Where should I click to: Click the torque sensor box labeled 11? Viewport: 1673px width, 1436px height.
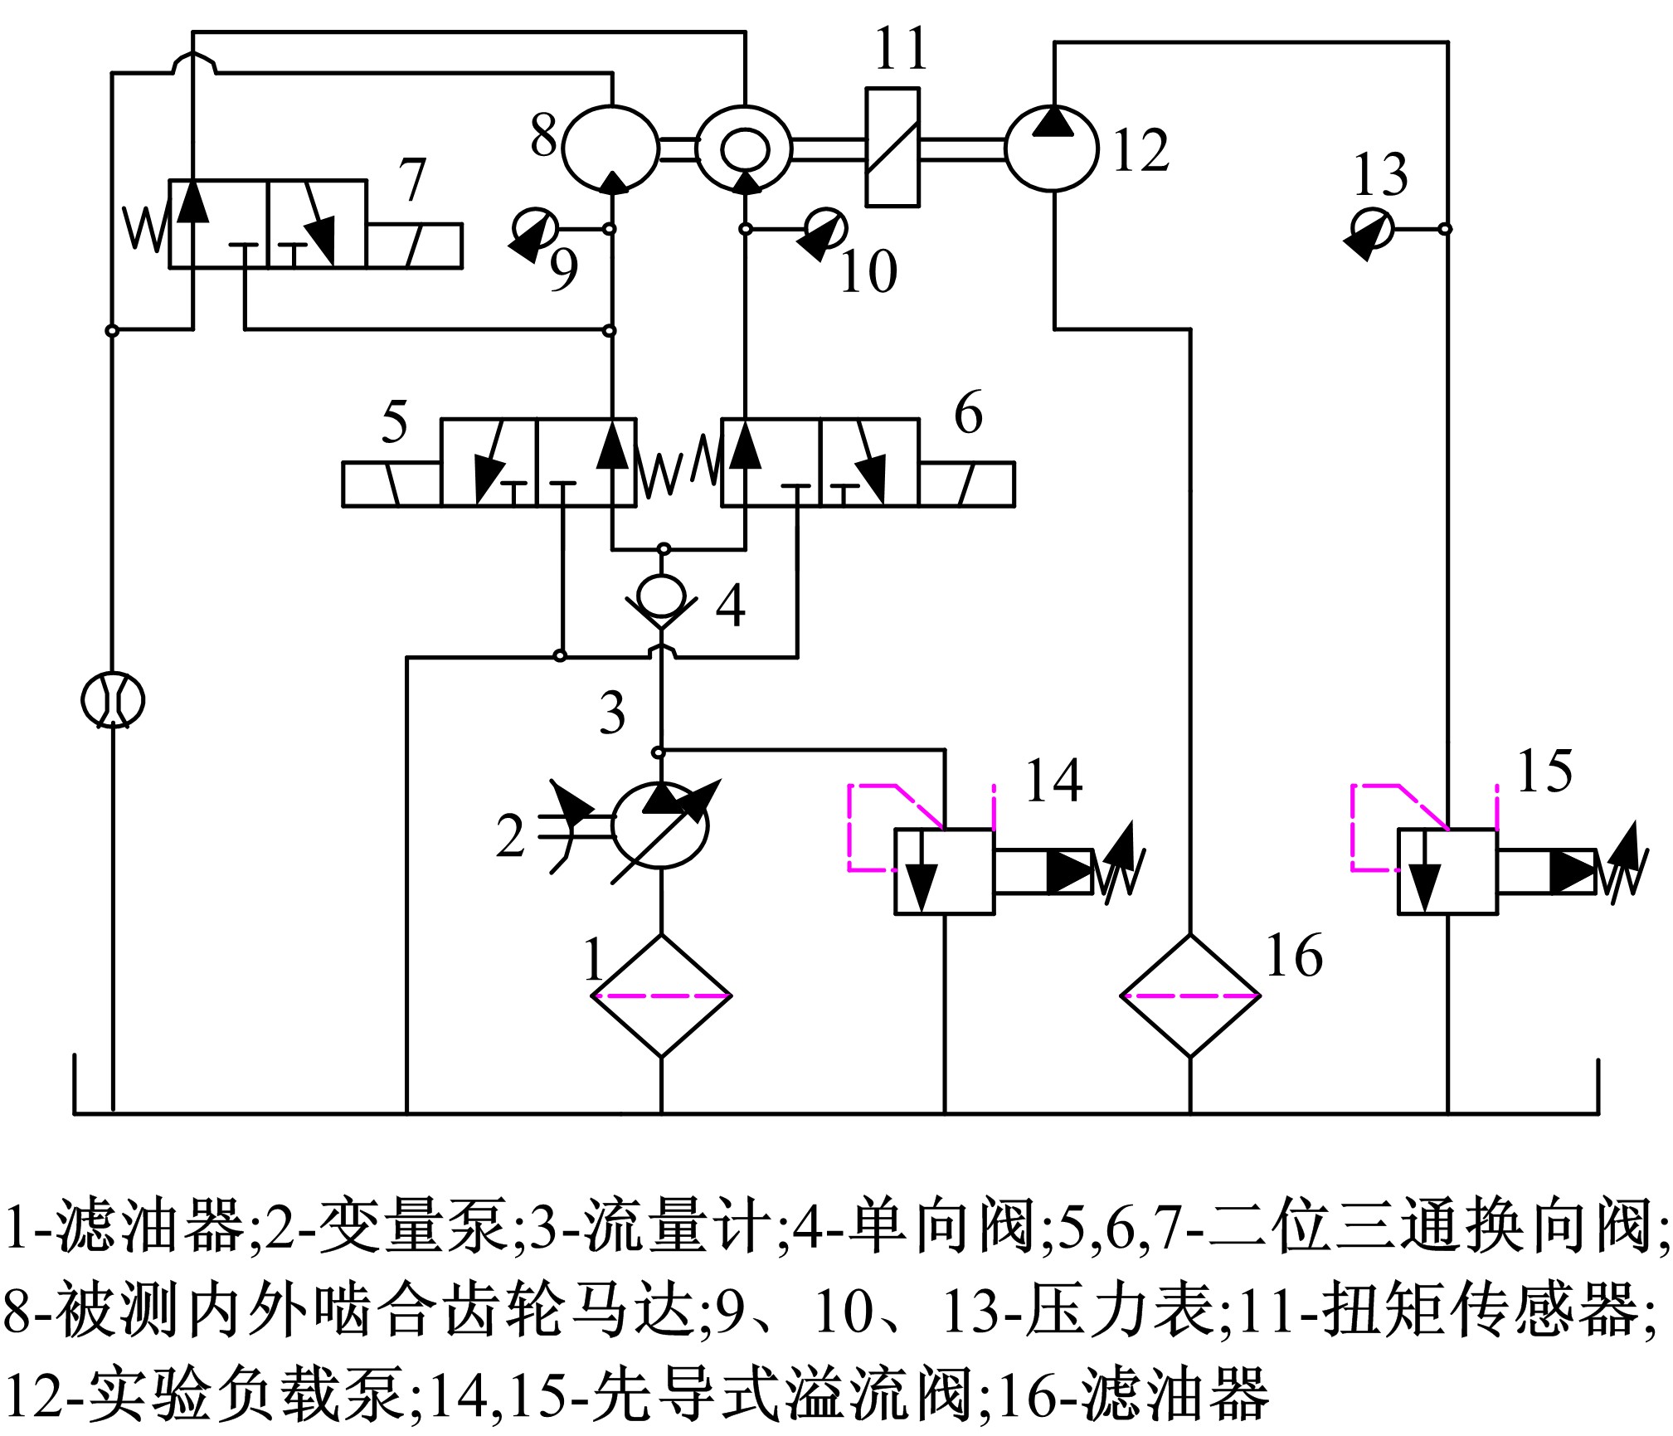(x=892, y=147)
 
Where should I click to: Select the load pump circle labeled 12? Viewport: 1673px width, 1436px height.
(x=1052, y=148)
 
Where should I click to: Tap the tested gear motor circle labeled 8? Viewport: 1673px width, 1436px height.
(x=610, y=148)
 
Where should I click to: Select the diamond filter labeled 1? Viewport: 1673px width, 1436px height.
(x=661, y=995)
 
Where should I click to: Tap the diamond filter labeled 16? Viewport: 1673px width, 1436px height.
(x=1190, y=995)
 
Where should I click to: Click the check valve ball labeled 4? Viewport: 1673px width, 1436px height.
(x=660, y=595)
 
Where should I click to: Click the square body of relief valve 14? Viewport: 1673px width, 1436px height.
(x=944, y=871)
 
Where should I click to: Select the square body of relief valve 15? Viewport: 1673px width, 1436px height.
(x=1447, y=871)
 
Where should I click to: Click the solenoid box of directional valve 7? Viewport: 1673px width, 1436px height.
(x=414, y=246)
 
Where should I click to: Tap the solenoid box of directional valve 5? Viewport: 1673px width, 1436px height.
(x=392, y=484)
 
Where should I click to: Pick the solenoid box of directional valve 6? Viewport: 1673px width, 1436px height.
(x=966, y=484)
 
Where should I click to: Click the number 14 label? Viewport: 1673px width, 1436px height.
(x=1053, y=781)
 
